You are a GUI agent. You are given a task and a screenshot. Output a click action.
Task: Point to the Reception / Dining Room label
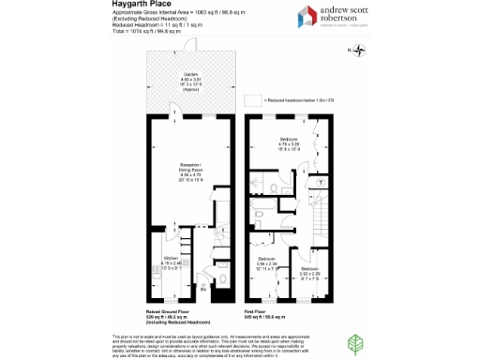pos(191,172)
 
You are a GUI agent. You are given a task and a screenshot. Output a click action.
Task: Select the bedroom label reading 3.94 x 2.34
pos(267,263)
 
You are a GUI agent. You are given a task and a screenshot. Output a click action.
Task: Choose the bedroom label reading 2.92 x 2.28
pos(309,275)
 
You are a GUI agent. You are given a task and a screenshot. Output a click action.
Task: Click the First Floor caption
pos(260,312)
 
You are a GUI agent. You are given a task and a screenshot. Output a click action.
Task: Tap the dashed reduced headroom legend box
pos(250,98)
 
